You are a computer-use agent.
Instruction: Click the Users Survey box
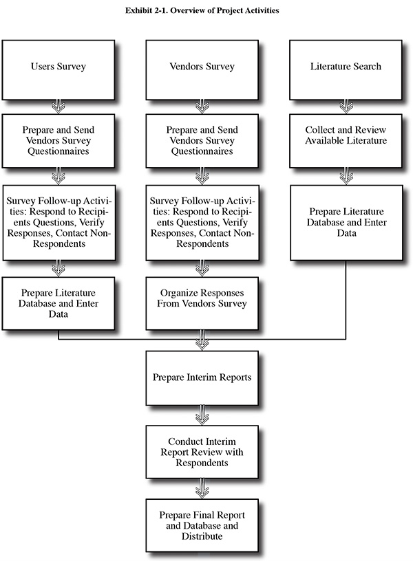click(x=59, y=69)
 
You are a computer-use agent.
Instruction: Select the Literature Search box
click(x=346, y=69)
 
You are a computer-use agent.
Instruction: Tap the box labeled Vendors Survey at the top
click(x=202, y=69)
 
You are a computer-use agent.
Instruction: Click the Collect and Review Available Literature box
click(x=346, y=141)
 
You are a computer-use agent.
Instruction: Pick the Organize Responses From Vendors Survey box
click(x=202, y=303)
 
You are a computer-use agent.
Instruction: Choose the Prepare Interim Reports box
click(x=202, y=378)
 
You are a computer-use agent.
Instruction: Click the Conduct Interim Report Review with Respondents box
click(x=202, y=452)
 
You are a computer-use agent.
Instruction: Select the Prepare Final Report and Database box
click(x=202, y=525)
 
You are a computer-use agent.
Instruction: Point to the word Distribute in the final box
click(x=202, y=536)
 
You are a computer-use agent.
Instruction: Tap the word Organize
click(x=176, y=293)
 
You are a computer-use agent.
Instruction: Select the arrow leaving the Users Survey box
click(x=59, y=107)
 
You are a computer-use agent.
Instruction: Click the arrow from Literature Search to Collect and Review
click(x=346, y=107)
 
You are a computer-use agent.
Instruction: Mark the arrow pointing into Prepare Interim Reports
click(x=202, y=340)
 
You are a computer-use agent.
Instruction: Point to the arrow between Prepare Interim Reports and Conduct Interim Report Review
click(x=202, y=415)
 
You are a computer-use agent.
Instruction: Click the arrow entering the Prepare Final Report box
click(x=202, y=488)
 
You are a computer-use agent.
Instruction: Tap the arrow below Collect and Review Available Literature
click(x=346, y=176)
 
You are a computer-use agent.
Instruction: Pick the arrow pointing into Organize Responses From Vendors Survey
click(x=202, y=268)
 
